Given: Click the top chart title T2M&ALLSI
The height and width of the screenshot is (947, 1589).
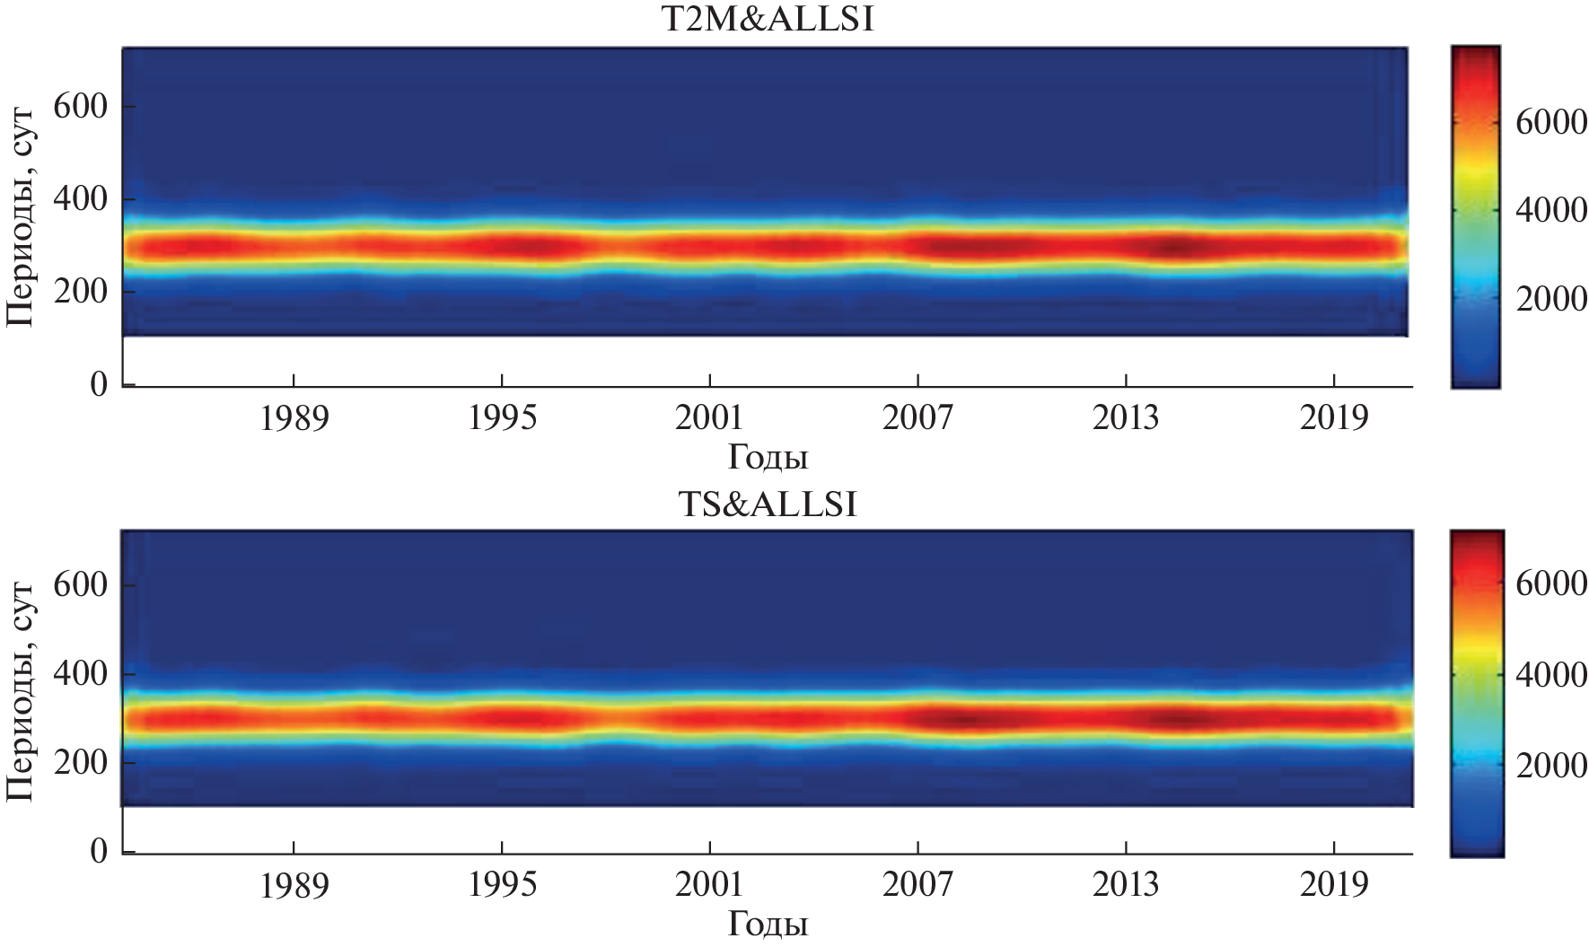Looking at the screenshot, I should tap(766, 19).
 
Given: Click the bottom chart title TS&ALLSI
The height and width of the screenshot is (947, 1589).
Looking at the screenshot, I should tap(766, 504).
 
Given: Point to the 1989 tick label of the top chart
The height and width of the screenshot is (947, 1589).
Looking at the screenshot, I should tap(294, 418).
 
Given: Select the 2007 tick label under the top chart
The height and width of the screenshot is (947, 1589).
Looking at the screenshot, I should tap(917, 418).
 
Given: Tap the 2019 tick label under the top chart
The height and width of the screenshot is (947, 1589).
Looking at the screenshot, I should tap(1335, 418).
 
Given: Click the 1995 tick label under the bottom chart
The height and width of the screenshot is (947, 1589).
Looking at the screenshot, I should tap(502, 885).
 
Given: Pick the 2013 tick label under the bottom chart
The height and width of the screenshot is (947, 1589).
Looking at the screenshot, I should tap(1126, 885).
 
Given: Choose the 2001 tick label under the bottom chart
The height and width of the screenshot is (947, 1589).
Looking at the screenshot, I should tap(710, 885).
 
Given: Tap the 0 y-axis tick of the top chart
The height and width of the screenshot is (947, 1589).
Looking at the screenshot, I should tap(98, 385).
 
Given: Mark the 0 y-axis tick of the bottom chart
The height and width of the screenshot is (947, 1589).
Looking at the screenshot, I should tap(98, 851).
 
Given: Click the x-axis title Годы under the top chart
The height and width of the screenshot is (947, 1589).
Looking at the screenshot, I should tap(767, 458).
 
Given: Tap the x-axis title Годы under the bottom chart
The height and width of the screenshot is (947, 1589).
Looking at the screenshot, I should tap(767, 925).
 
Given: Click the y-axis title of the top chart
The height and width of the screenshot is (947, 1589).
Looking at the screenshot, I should tap(22, 215).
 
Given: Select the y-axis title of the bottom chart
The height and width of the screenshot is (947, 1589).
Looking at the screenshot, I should tap(22, 691).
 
